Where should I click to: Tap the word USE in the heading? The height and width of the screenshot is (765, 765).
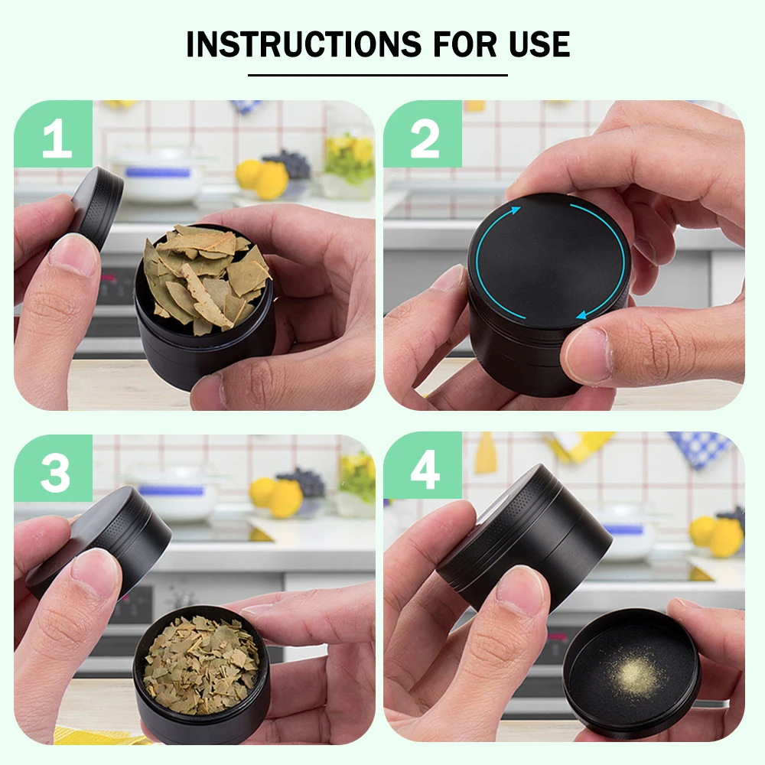pyautogui.click(x=539, y=44)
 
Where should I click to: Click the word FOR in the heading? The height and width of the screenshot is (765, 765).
pyautogui.click(x=465, y=44)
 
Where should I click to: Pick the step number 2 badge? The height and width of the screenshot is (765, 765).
pyautogui.click(x=423, y=134)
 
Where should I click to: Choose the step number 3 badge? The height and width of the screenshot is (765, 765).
pyautogui.click(x=54, y=468)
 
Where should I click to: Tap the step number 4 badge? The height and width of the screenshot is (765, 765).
pyautogui.click(x=423, y=465)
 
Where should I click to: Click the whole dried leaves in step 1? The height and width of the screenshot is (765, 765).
pyautogui.click(x=204, y=278)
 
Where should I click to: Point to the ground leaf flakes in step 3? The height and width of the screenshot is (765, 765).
pyautogui.click(x=201, y=662)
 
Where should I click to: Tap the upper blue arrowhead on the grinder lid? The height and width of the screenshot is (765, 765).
pyautogui.click(x=515, y=211)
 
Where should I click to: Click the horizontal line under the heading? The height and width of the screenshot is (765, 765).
pyautogui.click(x=378, y=75)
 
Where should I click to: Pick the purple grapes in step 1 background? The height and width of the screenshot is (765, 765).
pyautogui.click(x=288, y=164)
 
